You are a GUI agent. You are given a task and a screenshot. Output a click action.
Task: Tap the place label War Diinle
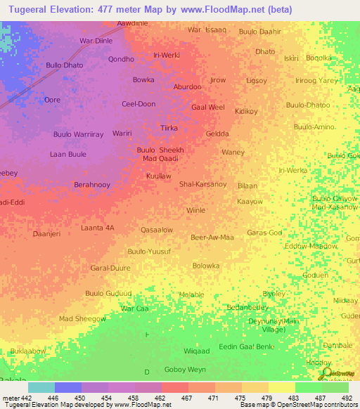96,41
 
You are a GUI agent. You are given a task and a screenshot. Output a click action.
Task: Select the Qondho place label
121,59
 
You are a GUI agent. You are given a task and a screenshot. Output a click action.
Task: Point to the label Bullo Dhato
64,65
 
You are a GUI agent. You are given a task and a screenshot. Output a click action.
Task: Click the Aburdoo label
188,87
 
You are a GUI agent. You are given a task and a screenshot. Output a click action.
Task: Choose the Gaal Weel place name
208,108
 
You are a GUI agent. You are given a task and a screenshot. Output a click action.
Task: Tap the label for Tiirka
169,128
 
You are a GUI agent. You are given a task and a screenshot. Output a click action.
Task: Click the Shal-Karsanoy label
202,184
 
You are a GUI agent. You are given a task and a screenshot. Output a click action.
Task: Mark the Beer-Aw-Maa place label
212,238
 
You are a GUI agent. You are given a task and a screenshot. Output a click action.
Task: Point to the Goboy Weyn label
184,369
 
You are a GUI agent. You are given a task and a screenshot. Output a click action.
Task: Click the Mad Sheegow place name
82,319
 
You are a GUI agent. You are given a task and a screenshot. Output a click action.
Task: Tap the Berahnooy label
94,185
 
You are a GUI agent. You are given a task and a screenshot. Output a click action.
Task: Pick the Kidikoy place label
246,111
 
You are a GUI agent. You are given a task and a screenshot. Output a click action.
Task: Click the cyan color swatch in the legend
41,387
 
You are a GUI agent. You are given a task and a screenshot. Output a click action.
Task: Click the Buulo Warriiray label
78,134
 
